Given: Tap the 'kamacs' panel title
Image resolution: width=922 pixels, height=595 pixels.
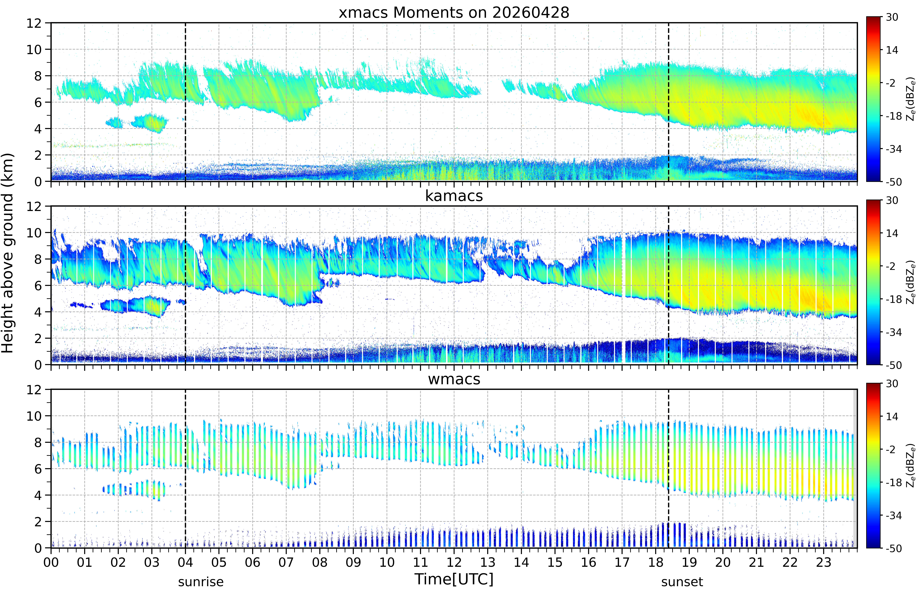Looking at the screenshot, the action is pyautogui.click(x=454, y=196).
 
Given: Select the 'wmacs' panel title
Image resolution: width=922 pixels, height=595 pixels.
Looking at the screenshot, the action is pyautogui.click(x=454, y=379).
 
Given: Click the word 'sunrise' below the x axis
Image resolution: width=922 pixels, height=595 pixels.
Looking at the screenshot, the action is pyautogui.click(x=201, y=582).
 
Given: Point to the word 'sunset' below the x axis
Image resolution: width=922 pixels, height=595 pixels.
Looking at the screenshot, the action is pyautogui.click(x=682, y=582).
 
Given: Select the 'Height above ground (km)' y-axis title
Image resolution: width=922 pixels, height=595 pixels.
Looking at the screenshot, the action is pyautogui.click(x=8, y=253).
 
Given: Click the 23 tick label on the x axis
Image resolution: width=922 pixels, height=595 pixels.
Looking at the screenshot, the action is pyautogui.click(x=824, y=562).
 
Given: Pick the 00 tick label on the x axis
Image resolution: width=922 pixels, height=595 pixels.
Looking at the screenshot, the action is pyautogui.click(x=51, y=562).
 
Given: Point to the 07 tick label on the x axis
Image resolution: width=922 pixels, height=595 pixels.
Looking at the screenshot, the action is pyautogui.click(x=286, y=562).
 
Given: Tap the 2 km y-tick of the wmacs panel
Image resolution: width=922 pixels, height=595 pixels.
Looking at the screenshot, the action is pyautogui.click(x=38, y=522).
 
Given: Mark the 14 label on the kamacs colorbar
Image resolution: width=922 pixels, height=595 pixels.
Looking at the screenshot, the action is pyautogui.click(x=892, y=233).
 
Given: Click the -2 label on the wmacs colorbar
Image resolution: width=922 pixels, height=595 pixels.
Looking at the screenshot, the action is pyautogui.click(x=891, y=450).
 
